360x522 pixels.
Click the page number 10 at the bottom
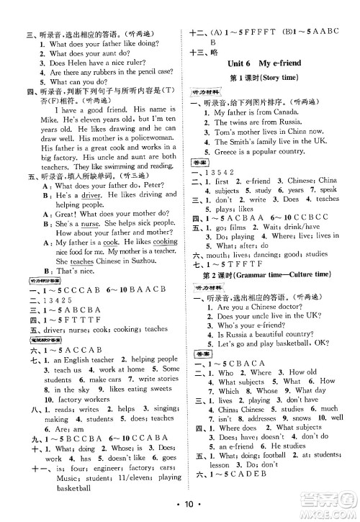coord(179,506)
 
